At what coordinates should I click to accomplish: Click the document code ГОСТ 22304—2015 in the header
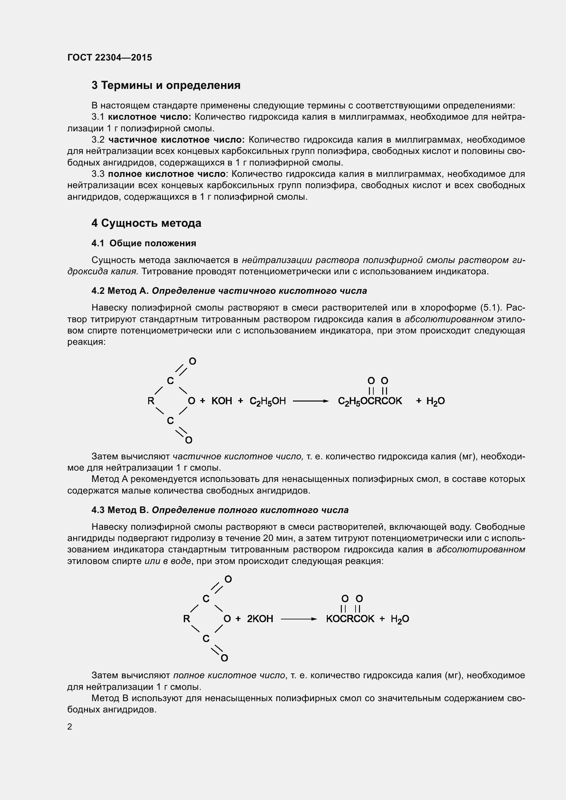pyautogui.click(x=110, y=57)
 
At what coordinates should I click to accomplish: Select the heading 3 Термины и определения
pyautogui.click(x=166, y=86)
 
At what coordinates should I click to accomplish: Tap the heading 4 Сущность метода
pyautogui.click(x=146, y=223)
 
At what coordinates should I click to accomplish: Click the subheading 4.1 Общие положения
pyautogui.click(x=144, y=243)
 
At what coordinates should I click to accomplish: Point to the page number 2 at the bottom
pyautogui.click(x=70, y=726)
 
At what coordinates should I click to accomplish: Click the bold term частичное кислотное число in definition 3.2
pyautogui.click(x=176, y=140)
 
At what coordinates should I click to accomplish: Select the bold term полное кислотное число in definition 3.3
pyautogui.click(x=167, y=174)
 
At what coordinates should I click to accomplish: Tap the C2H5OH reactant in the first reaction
pyautogui.click(x=268, y=401)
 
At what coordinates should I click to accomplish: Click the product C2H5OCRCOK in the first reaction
pyautogui.click(x=370, y=401)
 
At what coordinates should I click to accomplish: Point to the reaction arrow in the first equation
pyautogui.click(x=310, y=401)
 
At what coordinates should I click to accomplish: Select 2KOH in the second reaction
pyautogui.click(x=260, y=619)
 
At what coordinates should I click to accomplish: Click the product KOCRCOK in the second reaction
pyautogui.click(x=350, y=619)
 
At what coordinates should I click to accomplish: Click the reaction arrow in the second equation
pyautogui.click(x=299, y=619)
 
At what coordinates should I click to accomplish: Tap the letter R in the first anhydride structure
pyautogui.click(x=151, y=401)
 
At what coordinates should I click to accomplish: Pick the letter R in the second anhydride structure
pyautogui.click(x=186, y=619)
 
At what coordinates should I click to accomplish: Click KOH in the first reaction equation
pyautogui.click(x=222, y=401)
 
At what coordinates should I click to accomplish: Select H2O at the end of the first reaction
pyautogui.click(x=435, y=401)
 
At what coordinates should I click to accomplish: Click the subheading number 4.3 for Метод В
pyautogui.click(x=98, y=510)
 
